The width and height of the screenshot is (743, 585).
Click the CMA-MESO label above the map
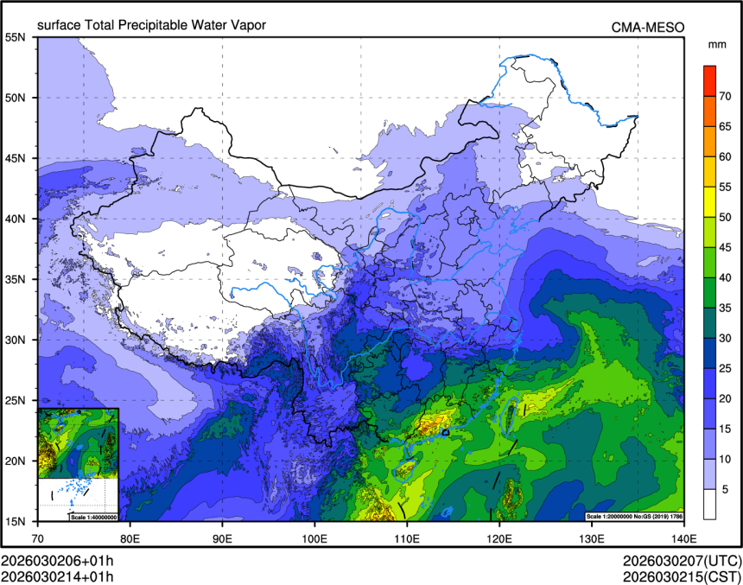(648, 28)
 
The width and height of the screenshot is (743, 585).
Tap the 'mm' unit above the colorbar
(717, 44)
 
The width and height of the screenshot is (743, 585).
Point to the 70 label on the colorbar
(726, 86)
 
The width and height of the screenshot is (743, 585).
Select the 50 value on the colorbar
(726, 217)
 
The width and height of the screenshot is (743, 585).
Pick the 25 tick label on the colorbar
(726, 368)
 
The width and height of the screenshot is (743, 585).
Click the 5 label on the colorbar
(726, 489)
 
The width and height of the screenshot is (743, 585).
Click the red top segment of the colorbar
(709, 75)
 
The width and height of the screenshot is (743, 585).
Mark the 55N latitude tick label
(16, 37)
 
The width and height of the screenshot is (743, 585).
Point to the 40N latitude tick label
(16, 219)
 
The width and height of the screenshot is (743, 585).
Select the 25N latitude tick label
(16, 400)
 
